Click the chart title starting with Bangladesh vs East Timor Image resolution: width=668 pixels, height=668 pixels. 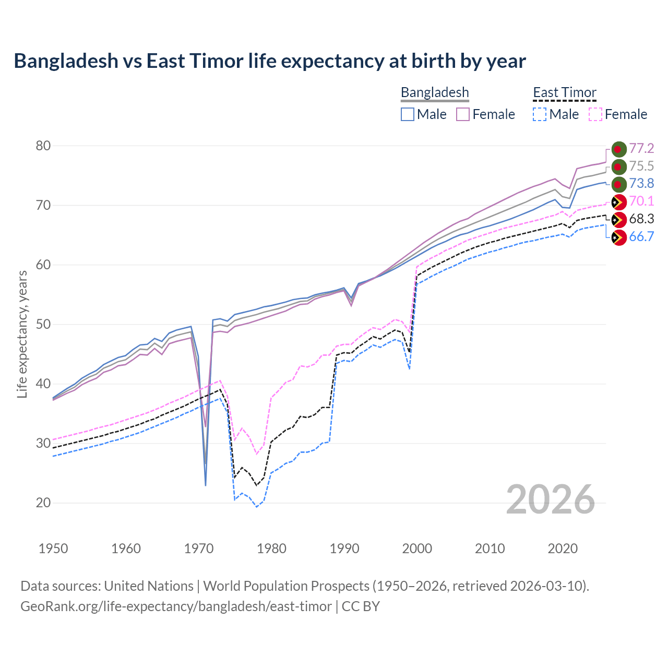pos(270,61)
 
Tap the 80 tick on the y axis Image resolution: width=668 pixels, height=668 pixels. pos(43,146)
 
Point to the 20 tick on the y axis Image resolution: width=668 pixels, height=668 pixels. pos(43,503)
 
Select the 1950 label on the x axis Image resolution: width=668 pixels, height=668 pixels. pos(53,548)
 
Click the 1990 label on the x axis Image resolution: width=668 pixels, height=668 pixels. pos(344,548)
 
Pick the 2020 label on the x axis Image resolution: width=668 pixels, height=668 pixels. pos(563,548)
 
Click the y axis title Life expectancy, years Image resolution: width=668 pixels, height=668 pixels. pos(22,334)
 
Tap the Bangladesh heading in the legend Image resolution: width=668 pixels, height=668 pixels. pos(435,92)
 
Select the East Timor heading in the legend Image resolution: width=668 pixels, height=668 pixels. pos(564,92)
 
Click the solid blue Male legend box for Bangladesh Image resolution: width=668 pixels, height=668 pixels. pos(408,114)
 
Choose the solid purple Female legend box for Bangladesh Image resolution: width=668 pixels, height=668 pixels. pos(463,114)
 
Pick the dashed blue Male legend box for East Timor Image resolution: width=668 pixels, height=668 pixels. pos(540,114)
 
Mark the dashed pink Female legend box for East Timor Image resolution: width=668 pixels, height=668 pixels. pos(595,114)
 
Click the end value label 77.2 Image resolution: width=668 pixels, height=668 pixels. pos(641,149)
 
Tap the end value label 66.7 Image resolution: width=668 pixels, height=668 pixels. pos(641,237)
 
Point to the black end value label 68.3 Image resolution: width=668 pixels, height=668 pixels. pos(641,219)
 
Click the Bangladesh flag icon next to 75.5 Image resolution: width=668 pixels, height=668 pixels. pos(618,166)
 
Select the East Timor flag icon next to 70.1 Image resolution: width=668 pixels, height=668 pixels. pos(618,202)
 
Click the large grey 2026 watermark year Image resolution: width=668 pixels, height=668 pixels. pos(551,499)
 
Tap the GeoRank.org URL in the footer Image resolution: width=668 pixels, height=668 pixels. pos(176,606)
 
